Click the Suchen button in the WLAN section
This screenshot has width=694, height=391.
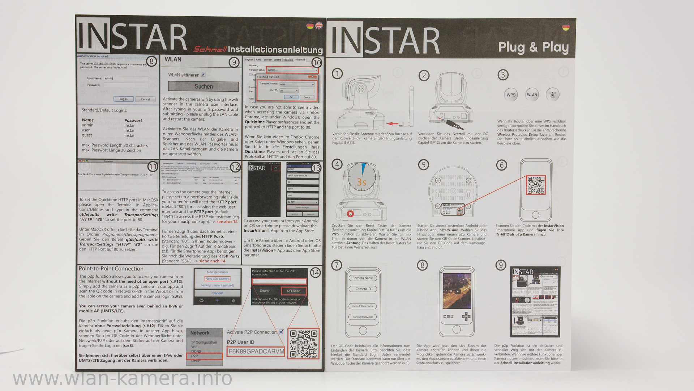coord(203,87)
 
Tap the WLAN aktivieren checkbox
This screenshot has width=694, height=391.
coord(203,75)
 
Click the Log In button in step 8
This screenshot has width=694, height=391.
coord(124,99)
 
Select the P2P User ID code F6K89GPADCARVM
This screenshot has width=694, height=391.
coord(256,351)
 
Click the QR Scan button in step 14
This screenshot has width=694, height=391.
coord(294,291)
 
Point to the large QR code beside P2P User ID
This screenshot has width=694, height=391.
coord(304,344)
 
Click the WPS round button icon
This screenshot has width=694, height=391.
coord(511,95)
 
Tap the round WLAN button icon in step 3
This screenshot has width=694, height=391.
coord(532,95)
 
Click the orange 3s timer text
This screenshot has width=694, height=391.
coord(361,182)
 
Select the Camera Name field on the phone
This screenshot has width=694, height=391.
coord(363,278)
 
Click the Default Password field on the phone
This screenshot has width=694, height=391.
coord(363,317)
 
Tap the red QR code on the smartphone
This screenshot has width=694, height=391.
coord(536,185)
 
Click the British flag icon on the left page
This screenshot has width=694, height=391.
coord(319,25)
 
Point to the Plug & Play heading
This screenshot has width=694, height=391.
coord(533,47)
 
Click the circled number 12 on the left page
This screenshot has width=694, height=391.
coord(235,167)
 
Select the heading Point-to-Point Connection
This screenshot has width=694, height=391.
coord(111,269)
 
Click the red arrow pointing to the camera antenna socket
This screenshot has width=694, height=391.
coord(392,123)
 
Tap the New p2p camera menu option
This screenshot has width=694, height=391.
coord(218,279)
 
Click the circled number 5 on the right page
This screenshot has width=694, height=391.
coord(423,165)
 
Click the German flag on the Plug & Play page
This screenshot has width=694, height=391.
coord(566,26)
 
